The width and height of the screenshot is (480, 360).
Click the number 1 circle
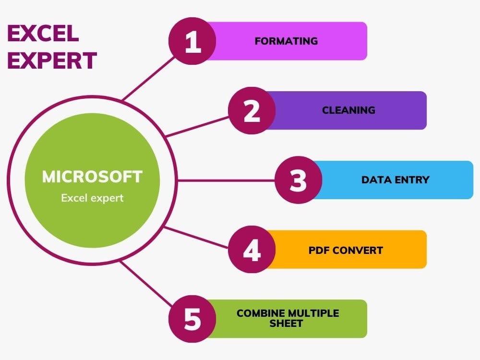[x=192, y=41]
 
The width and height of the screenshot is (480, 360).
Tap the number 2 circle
[x=252, y=110]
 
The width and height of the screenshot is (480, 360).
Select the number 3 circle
[x=298, y=180]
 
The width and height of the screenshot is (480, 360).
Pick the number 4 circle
[x=252, y=250]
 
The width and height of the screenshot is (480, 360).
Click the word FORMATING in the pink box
[x=286, y=41]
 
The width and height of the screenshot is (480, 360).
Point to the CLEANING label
[x=348, y=110]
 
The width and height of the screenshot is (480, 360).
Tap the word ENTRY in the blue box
[x=411, y=180]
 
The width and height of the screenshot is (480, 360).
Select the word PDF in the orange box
[x=319, y=250]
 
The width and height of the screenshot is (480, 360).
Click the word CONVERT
[x=358, y=250]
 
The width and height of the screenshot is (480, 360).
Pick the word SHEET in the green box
[x=286, y=324]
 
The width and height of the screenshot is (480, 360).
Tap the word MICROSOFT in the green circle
[x=92, y=177]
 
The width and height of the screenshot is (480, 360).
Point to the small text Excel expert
[x=92, y=198]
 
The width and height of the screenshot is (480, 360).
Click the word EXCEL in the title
[x=43, y=34]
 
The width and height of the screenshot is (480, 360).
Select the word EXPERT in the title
[x=52, y=61]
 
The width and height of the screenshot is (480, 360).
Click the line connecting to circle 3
[x=226, y=180]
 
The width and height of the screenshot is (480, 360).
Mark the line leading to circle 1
[x=149, y=77]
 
